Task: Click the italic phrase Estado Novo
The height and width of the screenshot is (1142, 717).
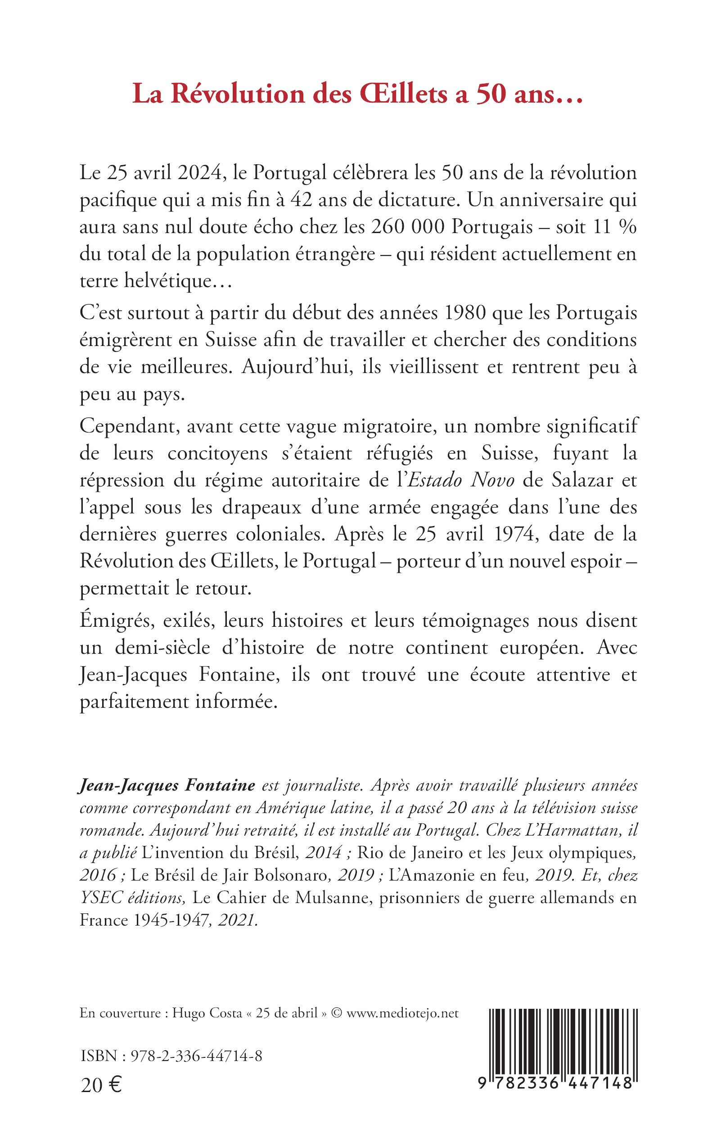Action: coord(461,480)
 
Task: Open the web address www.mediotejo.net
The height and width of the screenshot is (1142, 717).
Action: coord(402,1013)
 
